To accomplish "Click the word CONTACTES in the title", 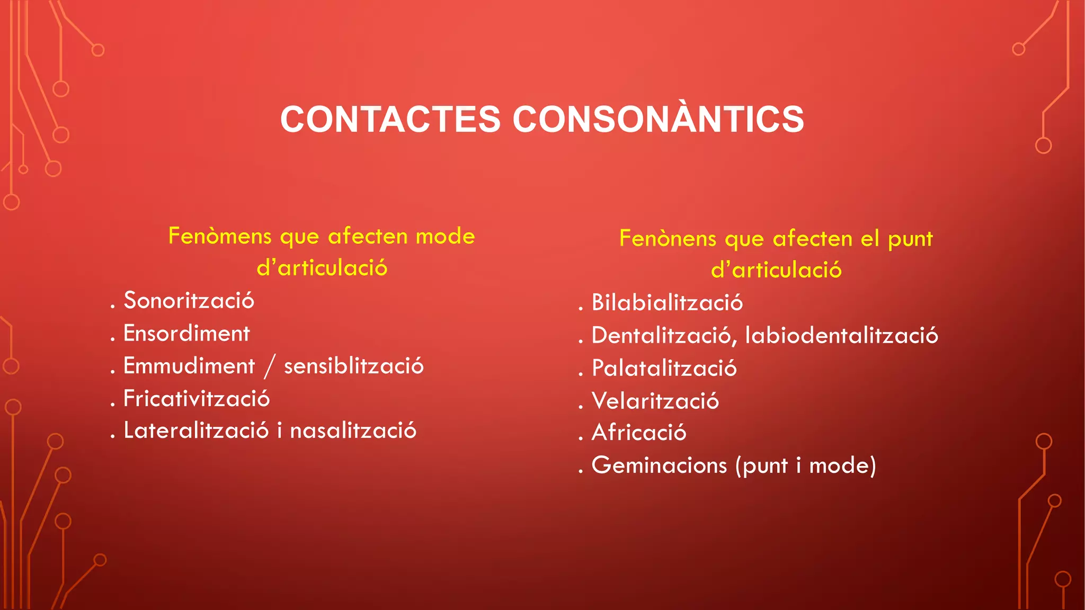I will pos(390,119).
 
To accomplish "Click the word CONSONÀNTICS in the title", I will pos(659,119).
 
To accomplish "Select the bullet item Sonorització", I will pos(189,301).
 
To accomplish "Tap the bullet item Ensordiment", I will pos(186,334).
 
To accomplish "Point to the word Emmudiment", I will pos(189,366).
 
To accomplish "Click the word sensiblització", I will pos(354,366).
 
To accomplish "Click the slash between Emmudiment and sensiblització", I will pos(270,367).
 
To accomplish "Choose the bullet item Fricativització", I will pos(197,399).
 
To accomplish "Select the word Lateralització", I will pos(196,430).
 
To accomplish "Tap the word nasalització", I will pos(353,430).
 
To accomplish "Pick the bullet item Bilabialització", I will pos(667,303).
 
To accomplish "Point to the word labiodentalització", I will pos(841,336).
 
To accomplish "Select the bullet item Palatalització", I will pos(664,369).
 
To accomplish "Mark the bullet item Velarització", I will pos(655,401).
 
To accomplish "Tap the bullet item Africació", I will pos(639,433).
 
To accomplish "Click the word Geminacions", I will pos(659,465).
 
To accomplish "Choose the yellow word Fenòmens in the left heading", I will pos(220,236).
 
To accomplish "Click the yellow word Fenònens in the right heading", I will pos(668,239).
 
